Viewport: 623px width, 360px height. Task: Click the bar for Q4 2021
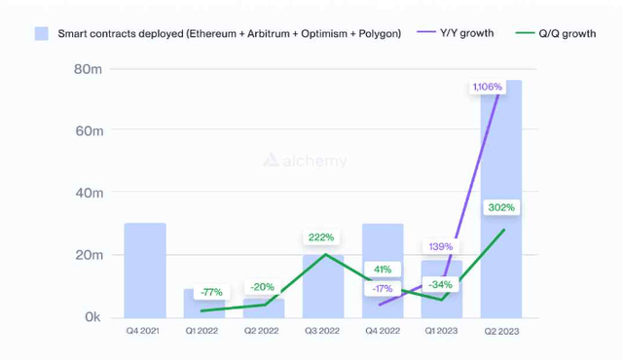145,270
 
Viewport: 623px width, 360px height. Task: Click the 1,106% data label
489,88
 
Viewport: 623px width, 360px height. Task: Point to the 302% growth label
502,207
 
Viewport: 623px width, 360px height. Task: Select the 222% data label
322,236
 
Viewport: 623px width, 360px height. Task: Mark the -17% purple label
382,288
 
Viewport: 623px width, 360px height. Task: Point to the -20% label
262,287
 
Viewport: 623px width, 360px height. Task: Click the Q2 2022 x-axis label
262,332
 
